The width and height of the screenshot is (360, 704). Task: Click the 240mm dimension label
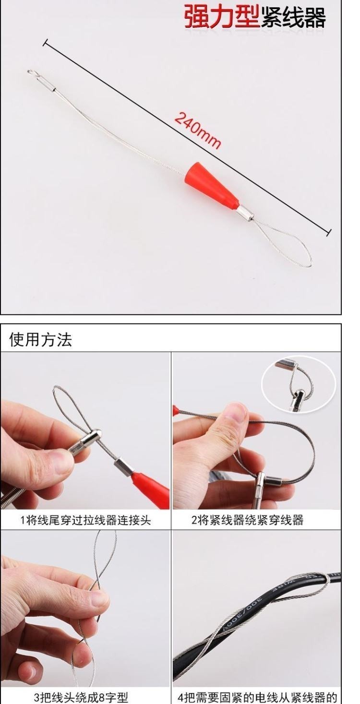click(x=198, y=130)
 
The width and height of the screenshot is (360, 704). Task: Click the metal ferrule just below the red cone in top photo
click(x=245, y=214)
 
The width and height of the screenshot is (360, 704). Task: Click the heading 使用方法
click(x=41, y=339)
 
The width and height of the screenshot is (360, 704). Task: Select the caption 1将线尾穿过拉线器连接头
click(x=85, y=520)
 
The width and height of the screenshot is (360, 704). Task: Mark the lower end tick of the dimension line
click(x=328, y=232)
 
